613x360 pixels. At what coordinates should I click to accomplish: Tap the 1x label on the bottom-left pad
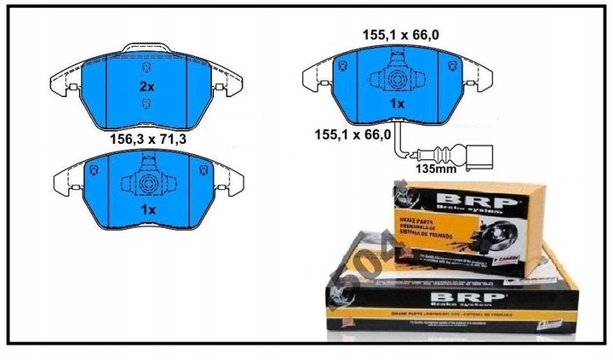[x=148, y=209]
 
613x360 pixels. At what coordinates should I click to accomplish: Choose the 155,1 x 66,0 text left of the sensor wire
[x=352, y=134]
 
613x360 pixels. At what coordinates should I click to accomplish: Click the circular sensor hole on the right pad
[x=398, y=77]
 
